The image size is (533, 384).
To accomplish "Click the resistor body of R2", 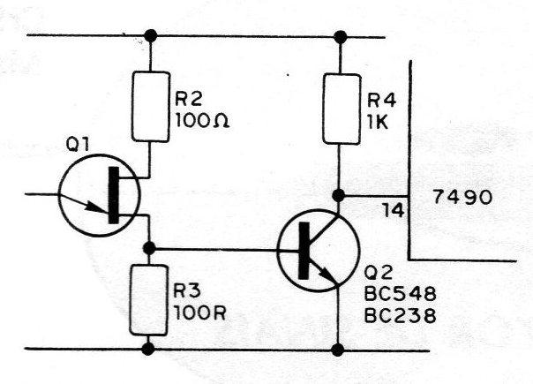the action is tap(151, 107).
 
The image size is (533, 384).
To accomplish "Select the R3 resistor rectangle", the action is tap(148, 300).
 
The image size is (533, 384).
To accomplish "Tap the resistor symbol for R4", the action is tap(342, 109).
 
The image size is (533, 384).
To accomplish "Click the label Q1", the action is tap(78, 145).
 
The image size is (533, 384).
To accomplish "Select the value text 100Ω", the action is tap(202, 120).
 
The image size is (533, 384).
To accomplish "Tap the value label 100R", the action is tap(199, 312).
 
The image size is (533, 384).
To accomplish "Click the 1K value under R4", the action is tap(378, 123).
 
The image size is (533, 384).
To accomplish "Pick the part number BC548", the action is tap(400, 294).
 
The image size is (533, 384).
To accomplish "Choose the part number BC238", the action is tap(400, 316).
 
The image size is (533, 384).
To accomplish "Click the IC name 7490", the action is tap(462, 197).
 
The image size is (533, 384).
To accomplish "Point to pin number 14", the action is tap(394, 210).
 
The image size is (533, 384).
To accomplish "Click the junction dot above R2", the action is tap(151, 35).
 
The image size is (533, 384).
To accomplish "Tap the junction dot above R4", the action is tap(341, 37).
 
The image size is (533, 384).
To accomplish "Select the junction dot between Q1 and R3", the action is tap(149, 248).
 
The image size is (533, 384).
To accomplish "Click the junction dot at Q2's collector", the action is tap(338, 195).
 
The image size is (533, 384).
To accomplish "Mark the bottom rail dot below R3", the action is tap(148, 349).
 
